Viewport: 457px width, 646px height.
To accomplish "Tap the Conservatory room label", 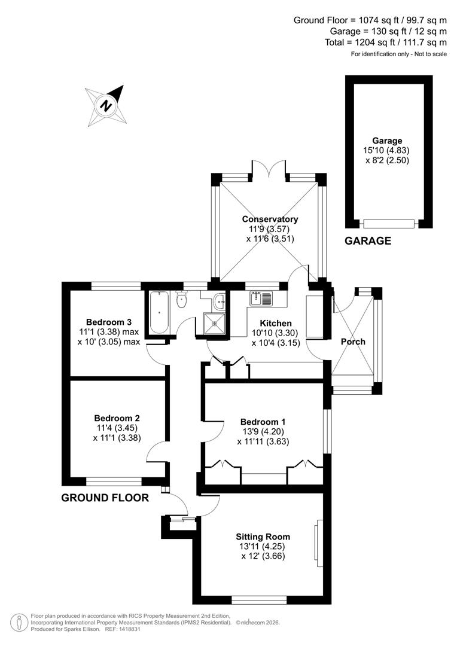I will point(270,220).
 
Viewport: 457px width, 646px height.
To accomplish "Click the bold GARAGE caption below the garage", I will point(368,241).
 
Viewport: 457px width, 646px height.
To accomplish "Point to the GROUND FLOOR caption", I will point(105,498).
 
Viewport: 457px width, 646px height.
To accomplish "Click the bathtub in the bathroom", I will point(159,312).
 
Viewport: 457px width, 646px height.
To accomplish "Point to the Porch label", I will point(353,342).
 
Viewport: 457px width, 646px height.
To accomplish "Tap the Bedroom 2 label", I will point(117,418).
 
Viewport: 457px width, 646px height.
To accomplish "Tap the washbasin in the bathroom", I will point(220,301).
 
